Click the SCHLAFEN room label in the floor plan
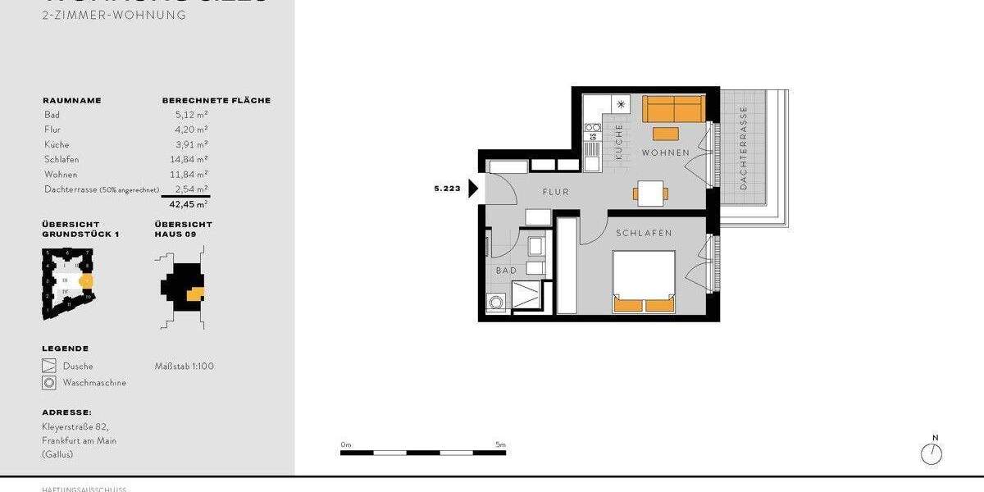click(645, 233)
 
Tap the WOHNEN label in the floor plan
click(666, 153)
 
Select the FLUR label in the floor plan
click(555, 192)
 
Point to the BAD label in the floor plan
click(506, 270)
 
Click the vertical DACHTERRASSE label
click(744, 148)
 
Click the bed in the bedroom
click(645, 282)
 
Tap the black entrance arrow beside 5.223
click(473, 189)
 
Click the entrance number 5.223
click(447, 189)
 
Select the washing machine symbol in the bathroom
click(496, 303)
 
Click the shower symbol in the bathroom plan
click(525, 294)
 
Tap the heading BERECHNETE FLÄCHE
click(216, 101)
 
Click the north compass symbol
click(932, 453)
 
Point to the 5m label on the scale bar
click(500, 444)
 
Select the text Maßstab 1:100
click(184, 366)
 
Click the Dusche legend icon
click(49, 366)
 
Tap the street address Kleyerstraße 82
click(75, 426)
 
